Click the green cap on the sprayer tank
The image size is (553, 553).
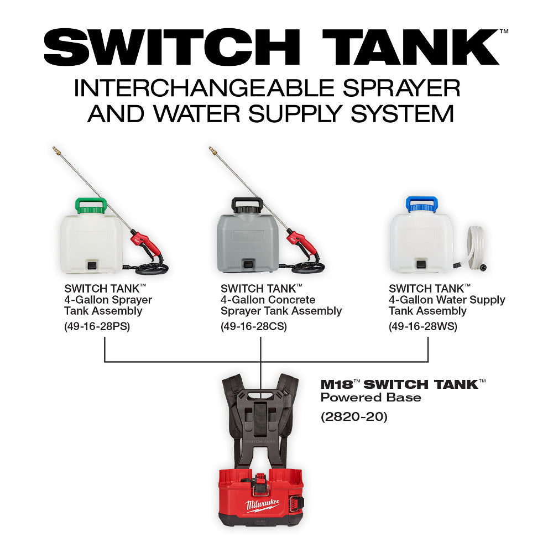coord(91,206)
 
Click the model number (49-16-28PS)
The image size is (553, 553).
coord(97,326)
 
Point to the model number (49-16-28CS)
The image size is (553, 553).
coord(254,326)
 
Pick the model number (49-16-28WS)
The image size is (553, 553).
coord(423,326)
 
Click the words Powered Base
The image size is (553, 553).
coord(371,398)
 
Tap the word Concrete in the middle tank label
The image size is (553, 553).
coord(293,300)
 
